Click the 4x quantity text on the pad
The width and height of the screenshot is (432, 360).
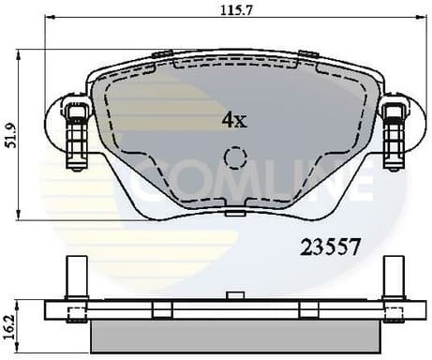tap(233, 120)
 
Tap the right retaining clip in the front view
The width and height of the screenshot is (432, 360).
tap(393, 134)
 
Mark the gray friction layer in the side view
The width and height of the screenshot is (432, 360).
tap(234, 334)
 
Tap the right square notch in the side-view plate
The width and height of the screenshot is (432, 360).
tap(304, 310)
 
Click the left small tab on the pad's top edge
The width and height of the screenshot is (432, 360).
tap(162, 53)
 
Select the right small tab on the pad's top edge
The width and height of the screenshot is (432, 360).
tap(306, 53)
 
